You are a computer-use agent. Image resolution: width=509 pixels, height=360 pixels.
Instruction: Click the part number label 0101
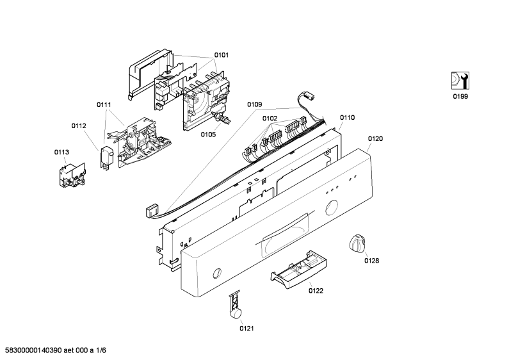tap(221, 55)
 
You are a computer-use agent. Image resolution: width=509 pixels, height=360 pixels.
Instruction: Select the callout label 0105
tap(208, 135)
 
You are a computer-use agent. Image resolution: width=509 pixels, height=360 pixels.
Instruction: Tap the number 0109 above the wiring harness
tap(255, 104)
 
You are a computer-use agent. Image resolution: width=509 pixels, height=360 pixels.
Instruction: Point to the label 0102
tap(270, 119)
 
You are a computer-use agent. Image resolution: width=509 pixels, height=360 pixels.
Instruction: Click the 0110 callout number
tap(348, 118)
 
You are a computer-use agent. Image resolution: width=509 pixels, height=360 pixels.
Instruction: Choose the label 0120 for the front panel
tap(375, 139)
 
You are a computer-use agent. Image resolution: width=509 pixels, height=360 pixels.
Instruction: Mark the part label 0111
tap(104, 104)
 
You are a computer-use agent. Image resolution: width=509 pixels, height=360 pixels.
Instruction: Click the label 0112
tap(79, 126)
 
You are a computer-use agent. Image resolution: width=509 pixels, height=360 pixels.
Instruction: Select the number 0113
tap(61, 152)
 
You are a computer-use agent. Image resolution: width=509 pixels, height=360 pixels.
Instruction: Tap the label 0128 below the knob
tap(372, 261)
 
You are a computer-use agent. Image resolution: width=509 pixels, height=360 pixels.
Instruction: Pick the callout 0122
tap(316, 291)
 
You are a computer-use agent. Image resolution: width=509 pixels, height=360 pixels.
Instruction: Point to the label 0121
tap(246, 329)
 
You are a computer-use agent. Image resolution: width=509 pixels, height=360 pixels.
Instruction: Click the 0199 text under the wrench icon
tap(460, 97)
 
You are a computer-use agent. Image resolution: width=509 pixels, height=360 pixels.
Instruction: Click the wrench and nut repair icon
tap(460, 81)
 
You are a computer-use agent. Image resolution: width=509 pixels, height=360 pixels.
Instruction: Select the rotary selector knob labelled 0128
tap(358, 242)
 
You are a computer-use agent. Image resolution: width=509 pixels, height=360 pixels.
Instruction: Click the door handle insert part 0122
tap(298, 269)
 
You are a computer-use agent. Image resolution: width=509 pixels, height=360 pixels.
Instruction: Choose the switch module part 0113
tap(72, 175)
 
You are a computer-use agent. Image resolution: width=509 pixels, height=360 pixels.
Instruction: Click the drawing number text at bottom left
tap(54, 350)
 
